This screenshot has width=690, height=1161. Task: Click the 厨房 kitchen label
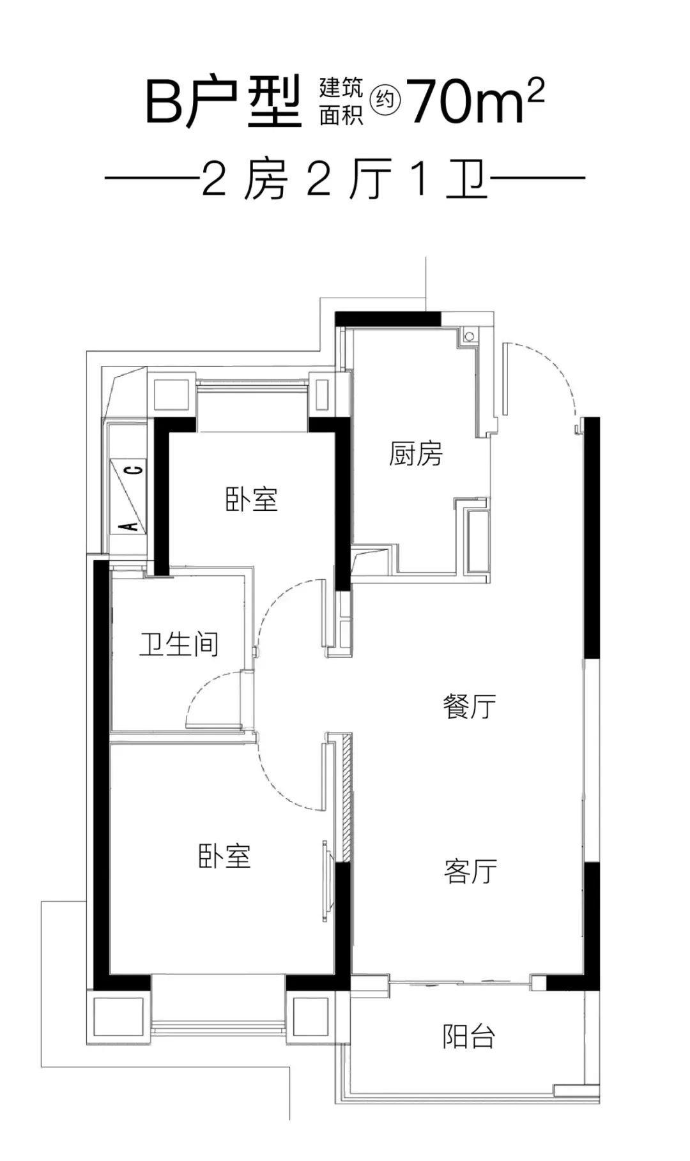(x=415, y=455)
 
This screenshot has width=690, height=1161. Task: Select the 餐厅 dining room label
(x=470, y=707)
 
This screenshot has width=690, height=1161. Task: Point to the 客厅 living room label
(x=470, y=871)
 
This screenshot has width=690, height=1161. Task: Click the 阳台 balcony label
(x=469, y=1036)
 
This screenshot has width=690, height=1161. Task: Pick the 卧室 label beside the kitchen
(x=252, y=499)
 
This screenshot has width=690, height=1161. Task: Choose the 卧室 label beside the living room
(x=224, y=856)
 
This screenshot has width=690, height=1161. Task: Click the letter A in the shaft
(x=130, y=526)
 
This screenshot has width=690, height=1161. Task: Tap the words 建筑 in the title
(x=341, y=87)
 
